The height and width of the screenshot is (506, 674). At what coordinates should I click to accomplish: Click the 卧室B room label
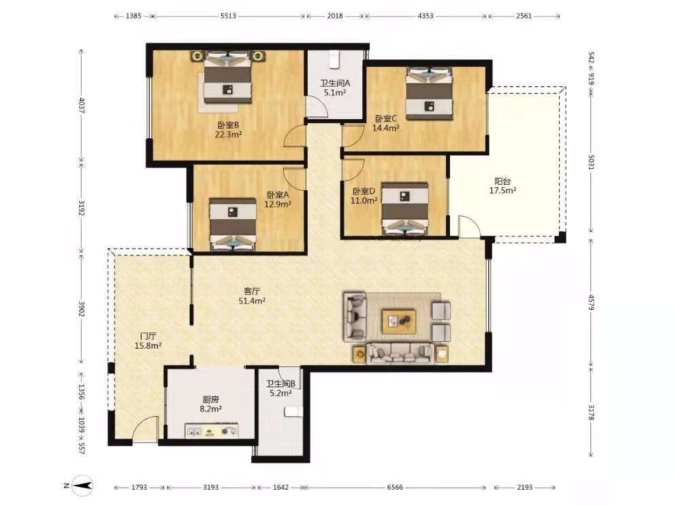pos(228,125)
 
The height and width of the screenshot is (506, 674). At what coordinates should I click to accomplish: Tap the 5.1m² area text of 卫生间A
pos(335,93)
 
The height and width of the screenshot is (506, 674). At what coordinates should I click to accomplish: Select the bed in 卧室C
pos(428,93)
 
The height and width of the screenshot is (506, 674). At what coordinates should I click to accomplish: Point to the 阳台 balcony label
pos(502,181)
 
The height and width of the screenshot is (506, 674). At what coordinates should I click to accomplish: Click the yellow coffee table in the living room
pos(399,321)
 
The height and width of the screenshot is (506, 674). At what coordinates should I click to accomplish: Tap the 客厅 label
pos(251,291)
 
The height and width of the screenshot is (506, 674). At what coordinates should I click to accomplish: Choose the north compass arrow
pos(82,486)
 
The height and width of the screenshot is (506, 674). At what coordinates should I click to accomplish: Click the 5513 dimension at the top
pos(228,16)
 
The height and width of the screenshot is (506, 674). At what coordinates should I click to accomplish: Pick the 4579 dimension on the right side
pos(591,302)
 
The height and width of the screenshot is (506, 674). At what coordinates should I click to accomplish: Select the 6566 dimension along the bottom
pos(395,487)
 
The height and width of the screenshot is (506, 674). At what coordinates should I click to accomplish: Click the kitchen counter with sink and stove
pos(212,431)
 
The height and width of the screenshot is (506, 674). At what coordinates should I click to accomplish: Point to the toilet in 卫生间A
pos(334,60)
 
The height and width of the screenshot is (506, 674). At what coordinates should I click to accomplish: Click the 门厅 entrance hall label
pos(148,336)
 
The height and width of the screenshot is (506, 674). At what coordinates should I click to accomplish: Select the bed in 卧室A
pos(233,224)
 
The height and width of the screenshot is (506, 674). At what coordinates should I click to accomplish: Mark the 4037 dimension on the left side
pos(82,106)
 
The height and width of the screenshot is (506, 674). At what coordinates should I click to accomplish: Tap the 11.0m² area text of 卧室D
pos(364,200)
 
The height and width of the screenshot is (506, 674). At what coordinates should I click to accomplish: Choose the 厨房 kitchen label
pos(210,400)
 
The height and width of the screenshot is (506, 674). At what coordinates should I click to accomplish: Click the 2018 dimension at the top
pos(335,16)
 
